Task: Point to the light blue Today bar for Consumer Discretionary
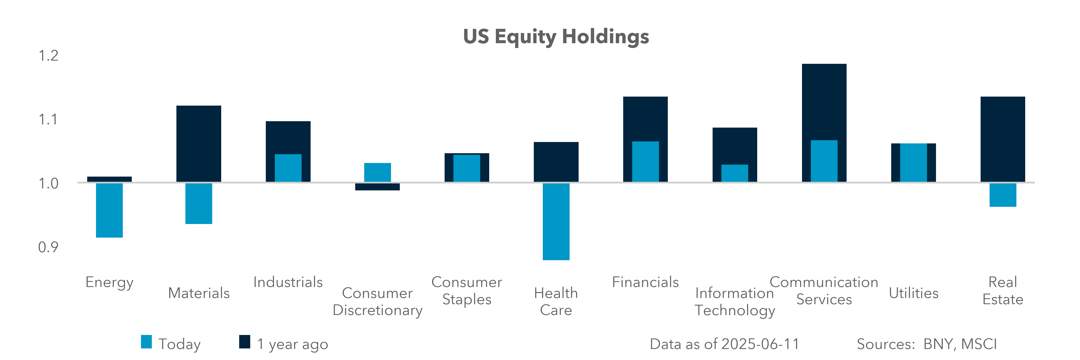coord(377,172)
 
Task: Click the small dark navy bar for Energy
coord(109,179)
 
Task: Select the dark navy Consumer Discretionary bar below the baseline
coord(377,187)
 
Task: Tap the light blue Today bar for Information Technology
coord(735,173)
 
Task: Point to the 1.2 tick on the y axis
coord(48,56)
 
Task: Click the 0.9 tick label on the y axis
coord(48,247)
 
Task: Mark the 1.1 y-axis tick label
coord(48,120)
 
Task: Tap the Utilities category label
coord(914,293)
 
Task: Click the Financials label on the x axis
coord(645,282)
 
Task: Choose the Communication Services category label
coord(824,290)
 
